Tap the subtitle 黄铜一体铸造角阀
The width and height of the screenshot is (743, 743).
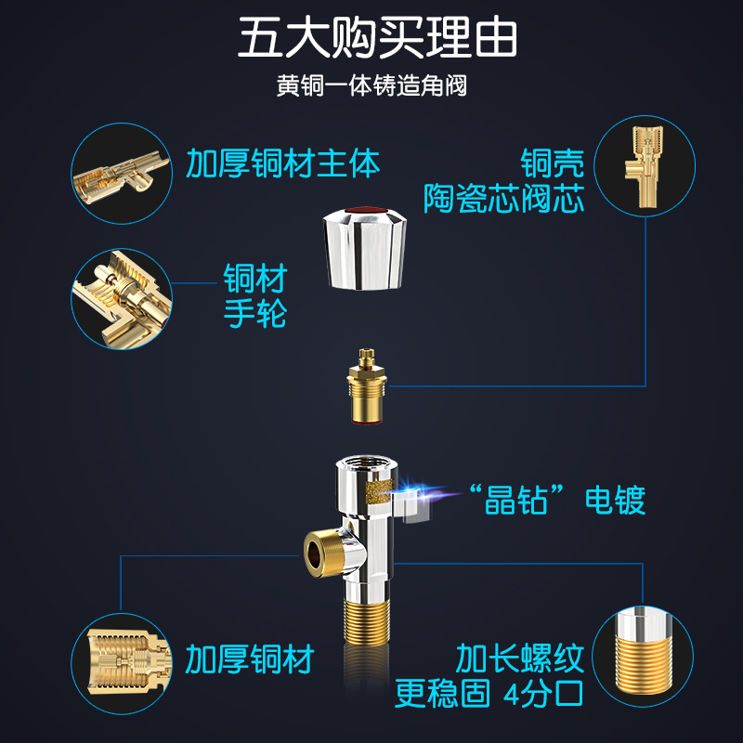(371, 86)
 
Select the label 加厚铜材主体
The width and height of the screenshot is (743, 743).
(282, 163)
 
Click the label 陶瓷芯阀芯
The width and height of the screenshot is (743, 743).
(504, 198)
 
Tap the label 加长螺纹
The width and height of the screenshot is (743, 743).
(519, 658)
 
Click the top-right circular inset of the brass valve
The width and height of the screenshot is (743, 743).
(645, 163)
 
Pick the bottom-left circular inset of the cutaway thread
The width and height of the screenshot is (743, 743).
(122, 657)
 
